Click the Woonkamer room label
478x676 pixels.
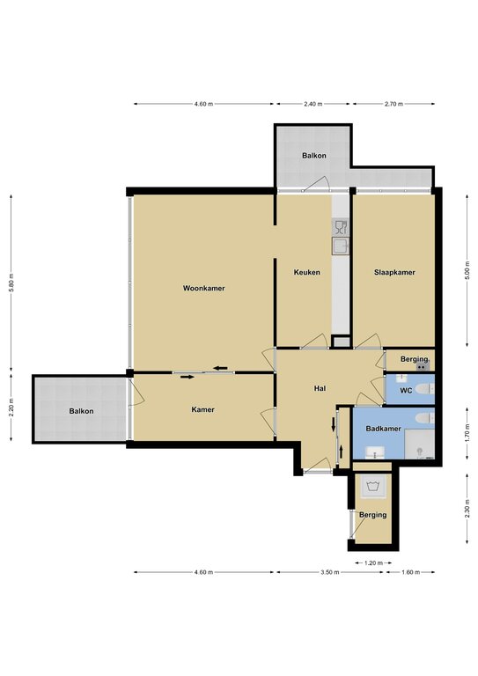204,288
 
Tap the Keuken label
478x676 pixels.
307,272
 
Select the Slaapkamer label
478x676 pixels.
394,272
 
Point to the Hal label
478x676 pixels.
320,388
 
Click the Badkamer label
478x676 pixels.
383,429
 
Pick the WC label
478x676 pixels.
406,391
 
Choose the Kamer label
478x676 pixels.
202,409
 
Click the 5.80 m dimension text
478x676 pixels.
11,283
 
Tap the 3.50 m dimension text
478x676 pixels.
331,572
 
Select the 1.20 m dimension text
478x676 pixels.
374,562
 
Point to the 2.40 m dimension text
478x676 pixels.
313,104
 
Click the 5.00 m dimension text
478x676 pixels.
467,270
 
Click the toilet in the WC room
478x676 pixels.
425,389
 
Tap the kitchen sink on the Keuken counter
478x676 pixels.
341,246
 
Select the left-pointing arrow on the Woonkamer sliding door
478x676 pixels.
221,368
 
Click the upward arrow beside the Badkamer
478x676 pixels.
342,452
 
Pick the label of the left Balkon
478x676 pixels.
81,411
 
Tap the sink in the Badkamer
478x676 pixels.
376,452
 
